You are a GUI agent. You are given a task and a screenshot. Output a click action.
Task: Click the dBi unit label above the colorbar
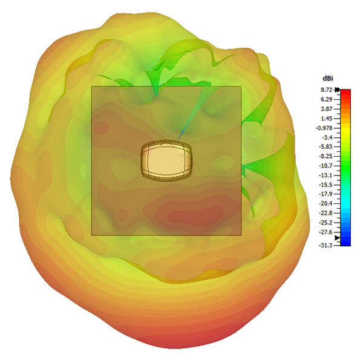click(327, 79)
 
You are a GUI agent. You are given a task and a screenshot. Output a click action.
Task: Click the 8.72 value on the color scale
click(327, 90)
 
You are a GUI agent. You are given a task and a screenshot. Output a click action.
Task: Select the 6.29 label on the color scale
click(327, 100)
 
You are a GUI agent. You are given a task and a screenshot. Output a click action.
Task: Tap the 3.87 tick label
click(327, 109)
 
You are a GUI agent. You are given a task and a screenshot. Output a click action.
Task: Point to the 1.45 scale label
click(327, 119)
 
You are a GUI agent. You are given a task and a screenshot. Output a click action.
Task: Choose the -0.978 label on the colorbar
click(324, 128)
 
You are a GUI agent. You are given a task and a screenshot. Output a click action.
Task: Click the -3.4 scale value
click(327, 137)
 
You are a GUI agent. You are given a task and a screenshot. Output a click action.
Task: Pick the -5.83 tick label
click(325, 147)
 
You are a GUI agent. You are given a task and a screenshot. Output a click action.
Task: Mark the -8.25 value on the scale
click(325, 156)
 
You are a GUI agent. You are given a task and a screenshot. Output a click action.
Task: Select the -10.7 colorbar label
click(325, 166)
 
